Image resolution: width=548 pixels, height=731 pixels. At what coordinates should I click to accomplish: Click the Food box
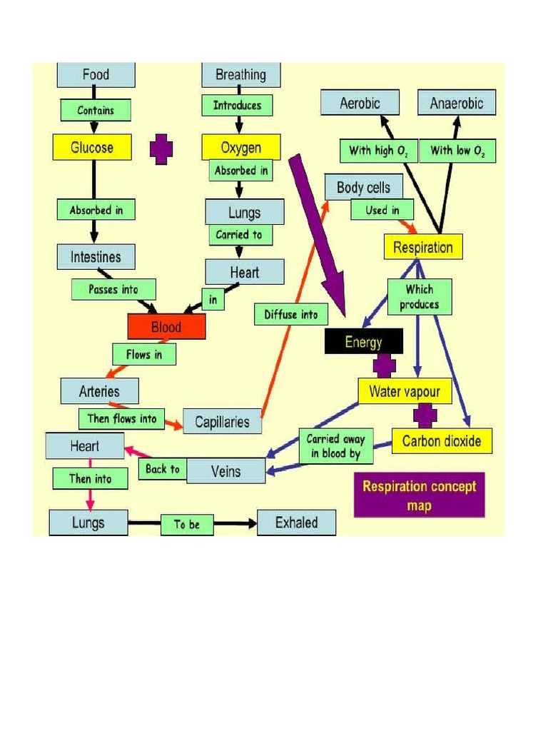96,74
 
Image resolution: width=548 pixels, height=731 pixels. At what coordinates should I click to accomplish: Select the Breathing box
240,74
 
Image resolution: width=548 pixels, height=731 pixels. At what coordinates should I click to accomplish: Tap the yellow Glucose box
92,148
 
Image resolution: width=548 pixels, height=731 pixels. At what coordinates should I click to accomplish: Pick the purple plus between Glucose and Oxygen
161,149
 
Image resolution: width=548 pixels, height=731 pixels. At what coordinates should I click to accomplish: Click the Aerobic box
360,103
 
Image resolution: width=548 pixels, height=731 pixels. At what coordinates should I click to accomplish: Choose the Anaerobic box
457,103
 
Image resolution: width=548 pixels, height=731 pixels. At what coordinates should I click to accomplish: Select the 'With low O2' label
457,151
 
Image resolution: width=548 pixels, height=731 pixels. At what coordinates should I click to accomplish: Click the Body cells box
363,188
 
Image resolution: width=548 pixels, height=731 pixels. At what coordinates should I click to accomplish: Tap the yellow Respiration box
423,247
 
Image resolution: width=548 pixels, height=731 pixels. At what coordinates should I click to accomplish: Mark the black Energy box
364,342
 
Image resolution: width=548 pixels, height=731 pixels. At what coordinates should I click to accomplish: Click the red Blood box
166,327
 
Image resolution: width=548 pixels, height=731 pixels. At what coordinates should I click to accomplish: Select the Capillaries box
223,421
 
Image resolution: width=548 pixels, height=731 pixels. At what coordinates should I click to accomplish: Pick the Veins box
226,471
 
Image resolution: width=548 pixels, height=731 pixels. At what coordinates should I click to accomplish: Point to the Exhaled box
296,523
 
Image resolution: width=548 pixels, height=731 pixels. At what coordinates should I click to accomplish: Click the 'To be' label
187,525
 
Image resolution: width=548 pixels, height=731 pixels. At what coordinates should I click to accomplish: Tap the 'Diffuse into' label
291,314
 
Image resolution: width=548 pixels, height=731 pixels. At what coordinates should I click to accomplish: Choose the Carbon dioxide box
442,440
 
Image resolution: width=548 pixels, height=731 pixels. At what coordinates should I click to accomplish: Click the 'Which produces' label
420,297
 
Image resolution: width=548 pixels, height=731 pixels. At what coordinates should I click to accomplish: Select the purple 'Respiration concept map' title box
419,495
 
